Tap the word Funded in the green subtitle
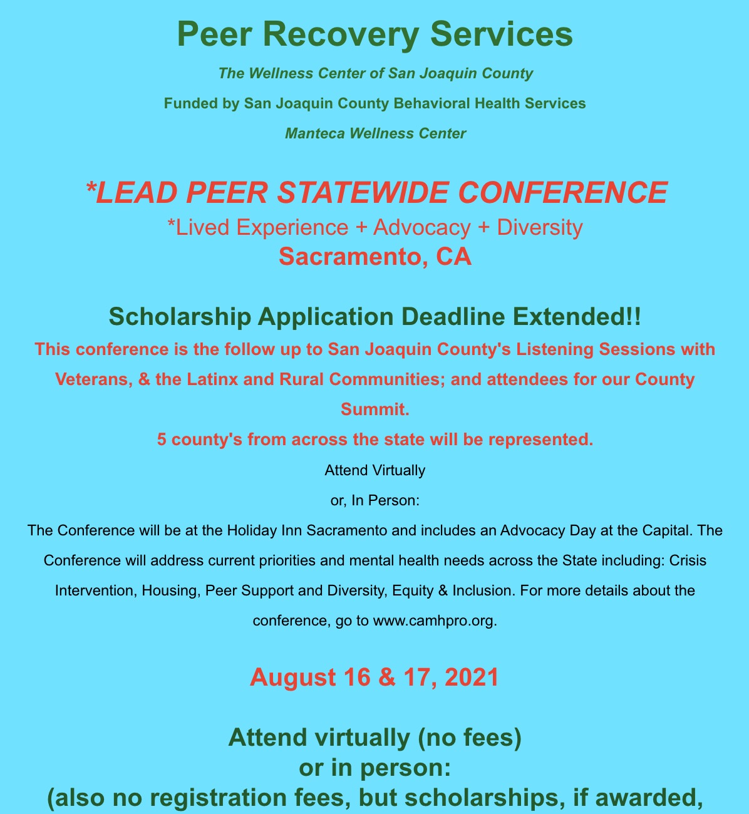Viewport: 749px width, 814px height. [x=186, y=103]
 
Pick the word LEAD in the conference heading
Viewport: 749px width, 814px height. [x=134, y=192]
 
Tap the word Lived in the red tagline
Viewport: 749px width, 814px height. [x=198, y=227]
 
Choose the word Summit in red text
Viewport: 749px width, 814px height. [x=373, y=410]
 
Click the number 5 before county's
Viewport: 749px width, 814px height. [x=162, y=440]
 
